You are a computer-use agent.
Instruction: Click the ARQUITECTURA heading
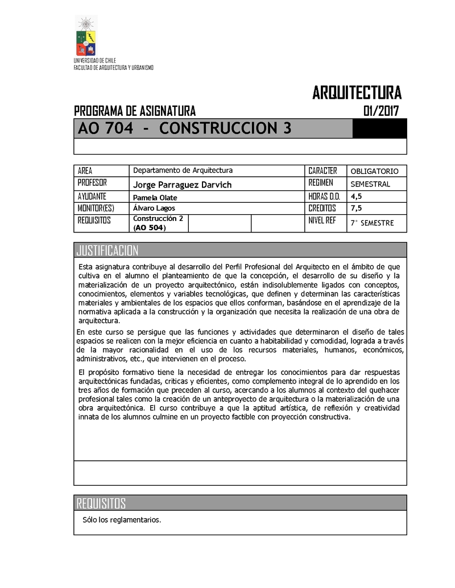[357, 93]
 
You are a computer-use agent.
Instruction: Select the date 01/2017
[380, 111]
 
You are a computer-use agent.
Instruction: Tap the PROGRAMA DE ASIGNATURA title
[135, 111]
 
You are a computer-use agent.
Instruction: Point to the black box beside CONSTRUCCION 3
[379, 129]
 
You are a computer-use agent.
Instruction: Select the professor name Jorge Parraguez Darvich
[182, 185]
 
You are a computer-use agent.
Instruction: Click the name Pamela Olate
[155, 197]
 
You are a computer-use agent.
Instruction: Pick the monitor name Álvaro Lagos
[154, 208]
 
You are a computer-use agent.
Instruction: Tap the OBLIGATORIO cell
[378, 171]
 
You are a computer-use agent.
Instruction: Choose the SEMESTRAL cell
[370, 184]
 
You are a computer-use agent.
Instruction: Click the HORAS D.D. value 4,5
[357, 197]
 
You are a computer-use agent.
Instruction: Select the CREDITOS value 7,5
[357, 208]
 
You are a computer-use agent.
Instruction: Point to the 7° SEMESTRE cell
[372, 223]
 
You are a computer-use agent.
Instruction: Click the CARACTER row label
[322, 170]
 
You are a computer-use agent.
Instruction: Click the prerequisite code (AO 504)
[149, 228]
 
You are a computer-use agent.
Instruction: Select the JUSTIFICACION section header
[107, 251]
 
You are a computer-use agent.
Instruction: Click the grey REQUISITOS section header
[101, 503]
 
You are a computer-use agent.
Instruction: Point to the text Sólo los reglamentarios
[122, 520]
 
